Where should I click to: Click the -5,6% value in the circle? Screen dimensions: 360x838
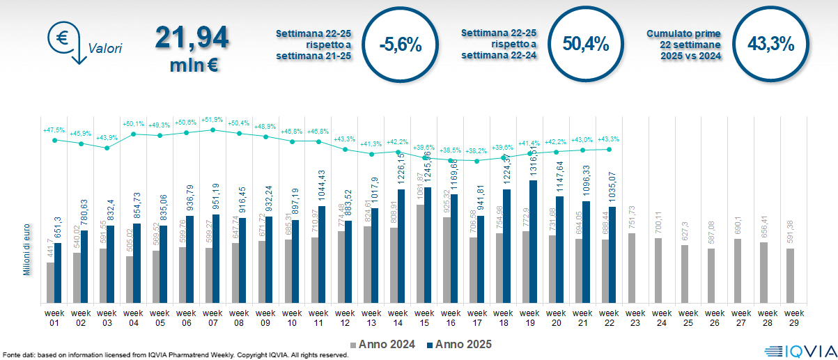coord(401,45)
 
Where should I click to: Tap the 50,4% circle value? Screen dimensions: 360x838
coord(586,45)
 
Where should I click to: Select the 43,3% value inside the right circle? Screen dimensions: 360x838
coord(770,45)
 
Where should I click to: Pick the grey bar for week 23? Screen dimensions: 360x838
coord(631,268)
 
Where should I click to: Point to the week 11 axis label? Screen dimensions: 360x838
coord(318,318)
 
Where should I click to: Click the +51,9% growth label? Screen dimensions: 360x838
coord(213,120)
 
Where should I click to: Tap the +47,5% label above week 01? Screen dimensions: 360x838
coord(54,130)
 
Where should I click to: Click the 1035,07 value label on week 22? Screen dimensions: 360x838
coord(613,185)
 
